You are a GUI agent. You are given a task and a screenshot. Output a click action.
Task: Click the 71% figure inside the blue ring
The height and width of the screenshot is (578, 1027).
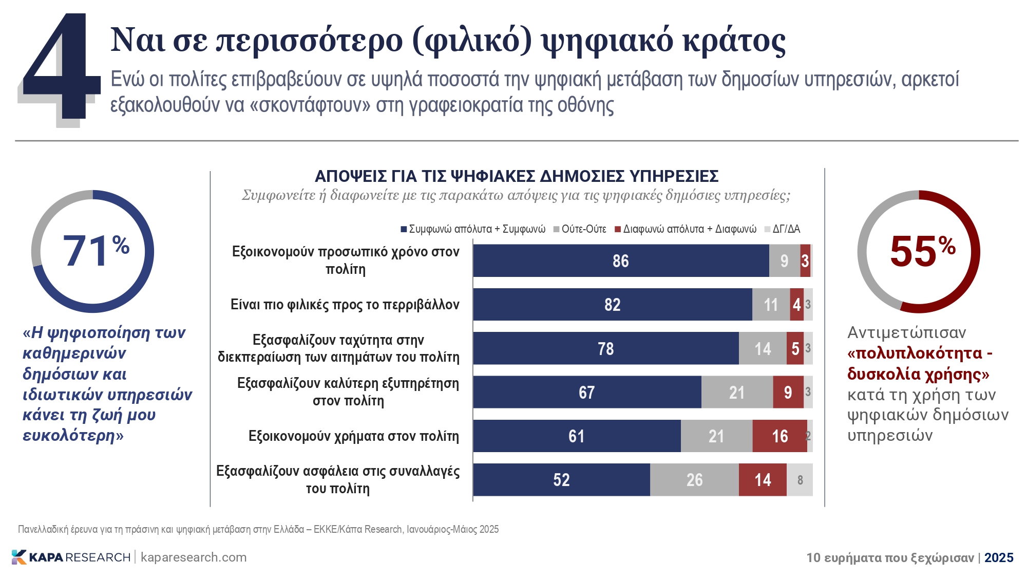pos(96,251)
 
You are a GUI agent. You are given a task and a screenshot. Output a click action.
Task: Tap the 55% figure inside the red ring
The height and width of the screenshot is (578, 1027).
pos(922,251)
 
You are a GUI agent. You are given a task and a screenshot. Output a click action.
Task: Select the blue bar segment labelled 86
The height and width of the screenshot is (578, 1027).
pos(620,261)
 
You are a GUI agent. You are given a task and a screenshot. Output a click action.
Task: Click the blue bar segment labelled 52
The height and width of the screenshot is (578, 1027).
pos(561,480)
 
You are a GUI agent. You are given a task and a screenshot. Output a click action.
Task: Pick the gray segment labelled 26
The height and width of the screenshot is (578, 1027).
pos(694,480)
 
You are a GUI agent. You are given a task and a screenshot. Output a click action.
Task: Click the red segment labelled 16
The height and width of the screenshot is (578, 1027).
pos(779,436)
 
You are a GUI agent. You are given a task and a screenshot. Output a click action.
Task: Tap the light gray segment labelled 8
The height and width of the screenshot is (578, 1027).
pos(800,480)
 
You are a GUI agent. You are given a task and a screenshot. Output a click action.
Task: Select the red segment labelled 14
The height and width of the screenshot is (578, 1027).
pos(763,480)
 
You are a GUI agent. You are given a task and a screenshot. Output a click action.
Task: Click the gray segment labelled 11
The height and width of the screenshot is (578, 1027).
pos(771,305)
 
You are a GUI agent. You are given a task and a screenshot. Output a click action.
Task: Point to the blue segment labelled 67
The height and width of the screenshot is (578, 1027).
pos(586,393)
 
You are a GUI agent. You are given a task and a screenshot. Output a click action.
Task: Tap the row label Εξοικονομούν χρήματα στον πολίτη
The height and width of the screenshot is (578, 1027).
pos(353,436)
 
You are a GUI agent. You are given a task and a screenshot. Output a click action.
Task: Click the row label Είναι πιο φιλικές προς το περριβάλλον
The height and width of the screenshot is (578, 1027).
pos(345,305)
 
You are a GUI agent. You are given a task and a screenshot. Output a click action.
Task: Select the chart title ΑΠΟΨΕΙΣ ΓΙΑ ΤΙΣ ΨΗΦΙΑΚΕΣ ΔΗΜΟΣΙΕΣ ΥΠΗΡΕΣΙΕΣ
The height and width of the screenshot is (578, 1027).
pos(516,176)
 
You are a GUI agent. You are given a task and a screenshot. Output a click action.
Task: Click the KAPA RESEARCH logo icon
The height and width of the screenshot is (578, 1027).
pos(19,557)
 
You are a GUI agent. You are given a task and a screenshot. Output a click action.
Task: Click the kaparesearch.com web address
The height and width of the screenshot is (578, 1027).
pos(194,557)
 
